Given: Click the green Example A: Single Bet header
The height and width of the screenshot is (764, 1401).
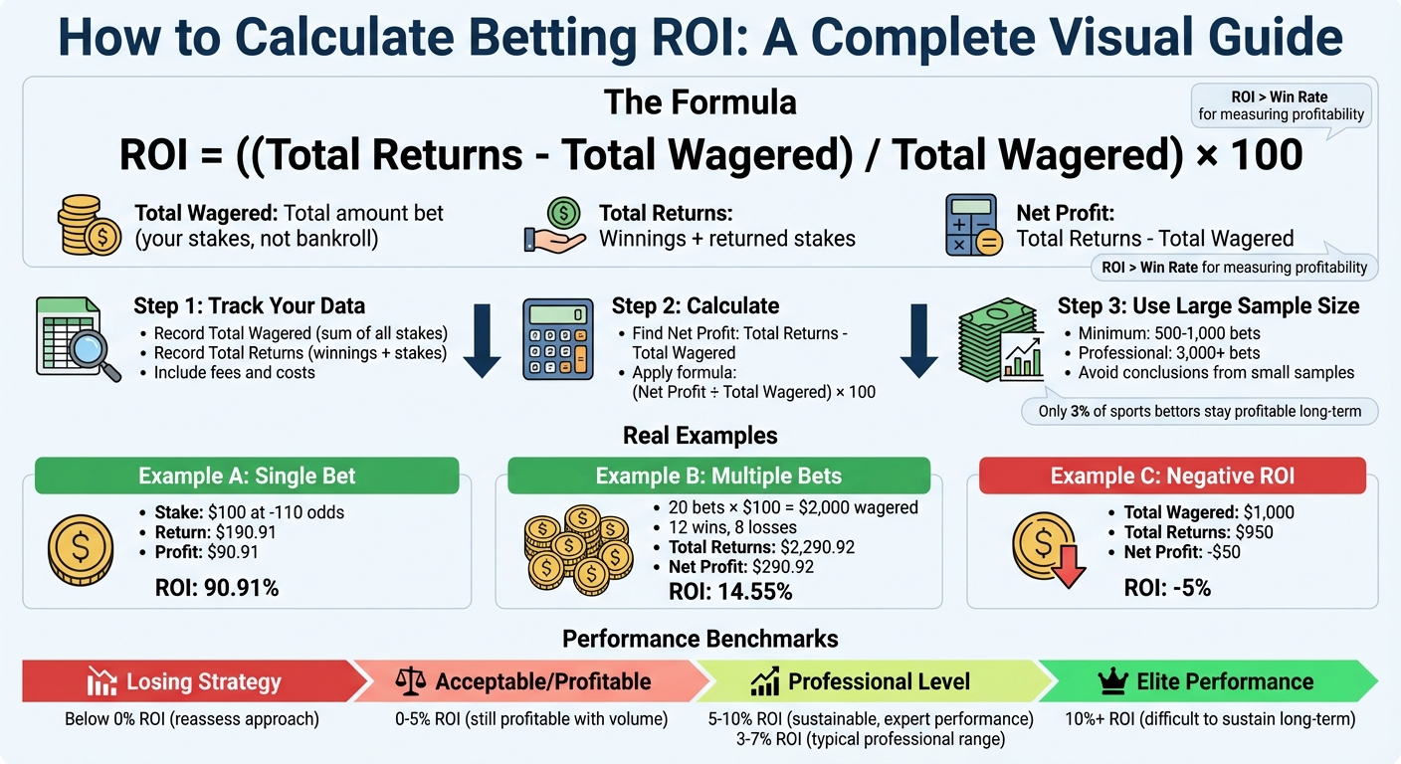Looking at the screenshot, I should (x=247, y=476).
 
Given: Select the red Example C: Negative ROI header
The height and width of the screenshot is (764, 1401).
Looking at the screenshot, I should (x=1172, y=476).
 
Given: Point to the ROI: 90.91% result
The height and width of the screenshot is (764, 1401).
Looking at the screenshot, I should (x=217, y=588).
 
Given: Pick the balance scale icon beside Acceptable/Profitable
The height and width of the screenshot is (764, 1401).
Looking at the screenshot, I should (x=410, y=682).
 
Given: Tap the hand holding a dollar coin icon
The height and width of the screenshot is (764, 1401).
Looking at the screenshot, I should (x=555, y=227).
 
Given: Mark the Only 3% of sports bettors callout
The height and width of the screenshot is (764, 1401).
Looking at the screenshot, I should (x=1198, y=411).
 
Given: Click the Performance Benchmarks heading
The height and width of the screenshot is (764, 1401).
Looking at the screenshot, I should (x=700, y=639).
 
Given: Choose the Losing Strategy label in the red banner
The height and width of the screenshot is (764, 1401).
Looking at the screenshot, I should (x=203, y=682).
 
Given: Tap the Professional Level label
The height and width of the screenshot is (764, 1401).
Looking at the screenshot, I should (x=879, y=682).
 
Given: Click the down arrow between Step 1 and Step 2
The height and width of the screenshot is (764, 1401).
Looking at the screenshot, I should (x=482, y=341).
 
